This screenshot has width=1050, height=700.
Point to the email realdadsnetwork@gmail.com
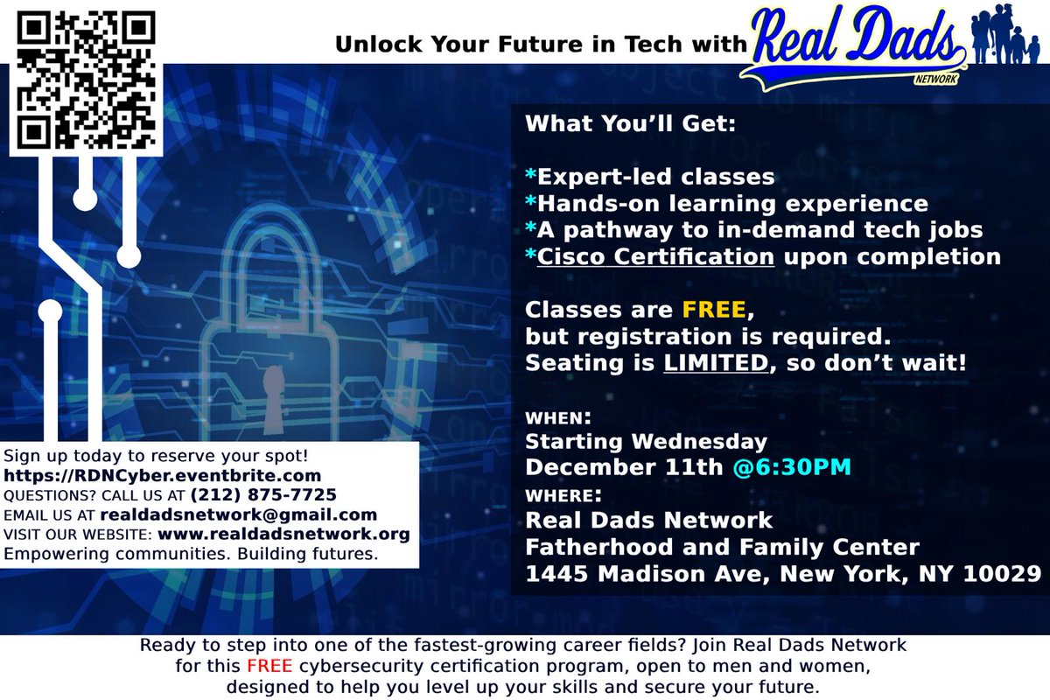(238, 514)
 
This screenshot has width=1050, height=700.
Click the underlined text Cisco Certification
(656, 256)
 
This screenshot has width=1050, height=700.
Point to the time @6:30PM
(793, 466)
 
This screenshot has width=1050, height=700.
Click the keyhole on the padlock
(274, 388)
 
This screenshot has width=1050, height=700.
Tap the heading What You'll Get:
(631, 123)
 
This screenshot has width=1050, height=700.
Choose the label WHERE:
(563, 494)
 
